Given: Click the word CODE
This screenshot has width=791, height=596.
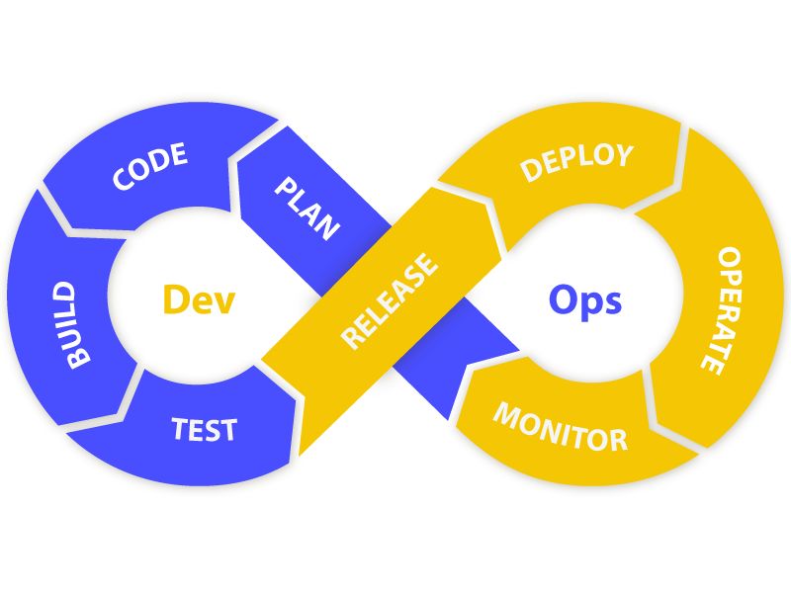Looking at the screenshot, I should (x=150, y=167).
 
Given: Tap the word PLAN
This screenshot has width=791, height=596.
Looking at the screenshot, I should (x=307, y=208).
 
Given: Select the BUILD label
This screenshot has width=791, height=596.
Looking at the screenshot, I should (x=70, y=325).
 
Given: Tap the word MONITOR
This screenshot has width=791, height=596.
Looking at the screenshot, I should (x=560, y=426).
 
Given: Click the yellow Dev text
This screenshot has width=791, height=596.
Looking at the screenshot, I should (x=199, y=299).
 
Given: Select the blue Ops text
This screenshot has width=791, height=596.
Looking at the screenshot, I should (x=585, y=298).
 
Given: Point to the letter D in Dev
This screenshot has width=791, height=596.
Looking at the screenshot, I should (x=176, y=299).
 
